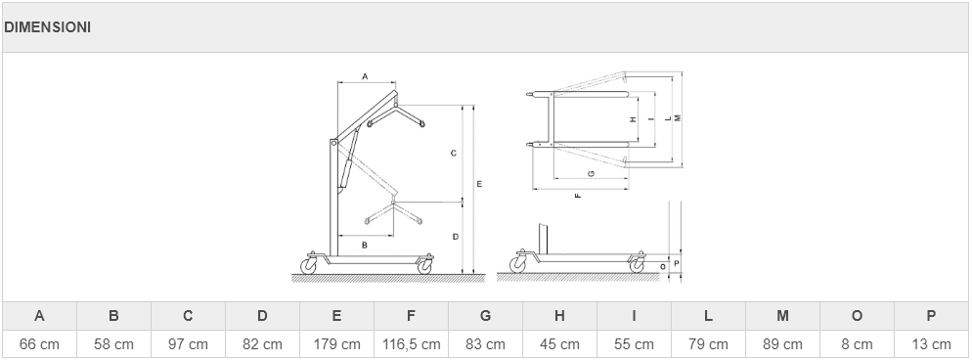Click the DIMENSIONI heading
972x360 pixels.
point(47,27)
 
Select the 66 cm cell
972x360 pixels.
point(40,344)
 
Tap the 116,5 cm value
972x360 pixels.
point(411,344)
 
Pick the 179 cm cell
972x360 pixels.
point(336,344)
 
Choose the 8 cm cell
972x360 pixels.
point(857,344)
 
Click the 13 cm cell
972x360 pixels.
point(931,344)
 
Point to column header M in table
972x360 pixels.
point(782,316)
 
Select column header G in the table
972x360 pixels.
point(485,316)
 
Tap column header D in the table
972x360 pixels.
point(262,316)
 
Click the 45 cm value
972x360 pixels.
point(559,344)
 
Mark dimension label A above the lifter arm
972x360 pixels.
point(365,76)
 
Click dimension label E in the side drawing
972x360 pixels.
point(479,184)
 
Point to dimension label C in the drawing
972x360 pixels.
point(453,153)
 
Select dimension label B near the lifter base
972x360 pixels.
point(365,245)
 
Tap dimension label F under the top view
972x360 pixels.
point(578,196)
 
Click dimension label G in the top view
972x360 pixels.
point(592,173)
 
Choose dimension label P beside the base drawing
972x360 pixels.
point(677,263)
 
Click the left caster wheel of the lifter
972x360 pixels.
point(308,266)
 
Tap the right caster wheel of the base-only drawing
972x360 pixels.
point(637,266)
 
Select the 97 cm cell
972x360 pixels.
point(188,344)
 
